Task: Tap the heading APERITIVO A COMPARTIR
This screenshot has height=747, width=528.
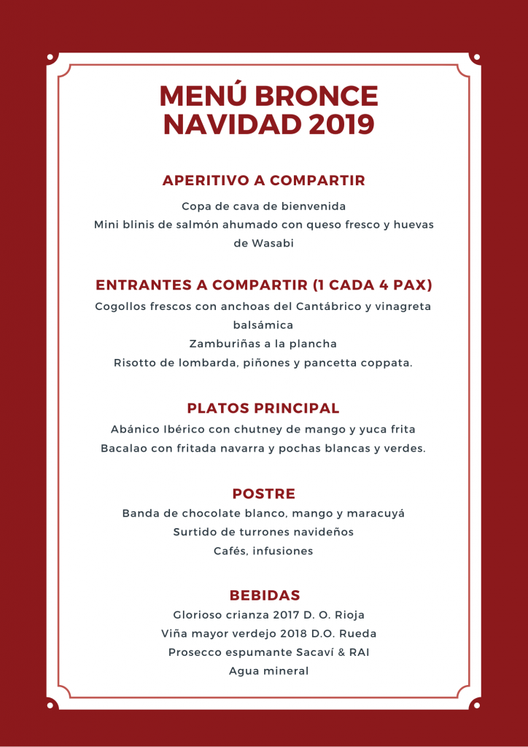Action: click(264, 180)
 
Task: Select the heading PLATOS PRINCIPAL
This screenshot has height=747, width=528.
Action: click(263, 408)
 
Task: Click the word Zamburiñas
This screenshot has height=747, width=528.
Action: click(224, 344)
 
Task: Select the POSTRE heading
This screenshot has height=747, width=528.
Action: click(264, 494)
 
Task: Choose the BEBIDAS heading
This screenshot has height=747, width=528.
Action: click(264, 595)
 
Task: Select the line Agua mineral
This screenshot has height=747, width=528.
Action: click(264, 671)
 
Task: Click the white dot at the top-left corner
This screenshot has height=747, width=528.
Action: click(50, 57)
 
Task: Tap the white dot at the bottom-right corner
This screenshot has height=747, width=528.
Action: click(477, 705)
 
